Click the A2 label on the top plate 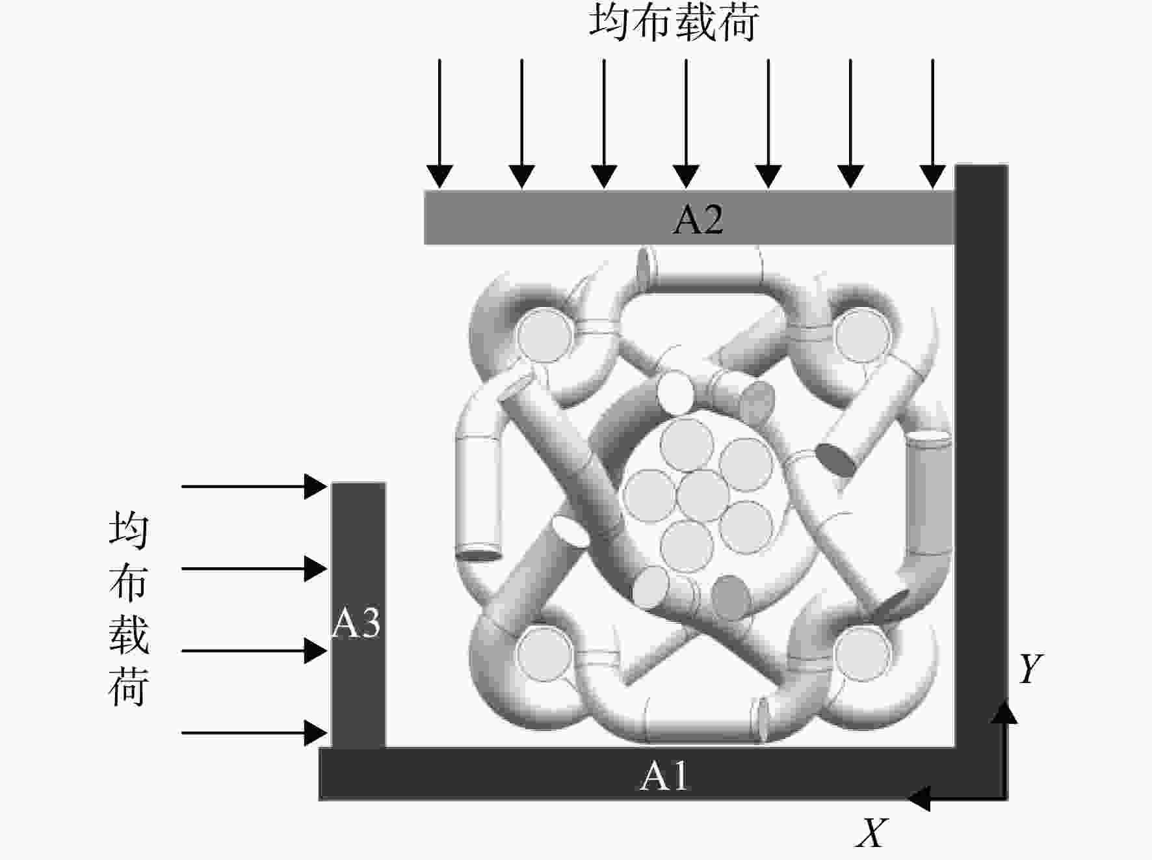698,219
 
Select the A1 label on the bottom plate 664,775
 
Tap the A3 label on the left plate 356,623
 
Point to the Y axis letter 1030,668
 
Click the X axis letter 871,832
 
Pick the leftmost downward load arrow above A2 439,124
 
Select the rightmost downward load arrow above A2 933,124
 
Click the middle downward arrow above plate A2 686,124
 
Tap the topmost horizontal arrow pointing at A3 254,486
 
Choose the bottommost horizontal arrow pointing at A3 254,733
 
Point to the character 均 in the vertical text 129,530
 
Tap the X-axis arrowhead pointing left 918,798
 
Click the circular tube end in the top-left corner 545,335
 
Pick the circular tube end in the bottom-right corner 862,653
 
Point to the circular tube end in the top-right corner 862,335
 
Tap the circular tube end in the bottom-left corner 545,653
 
